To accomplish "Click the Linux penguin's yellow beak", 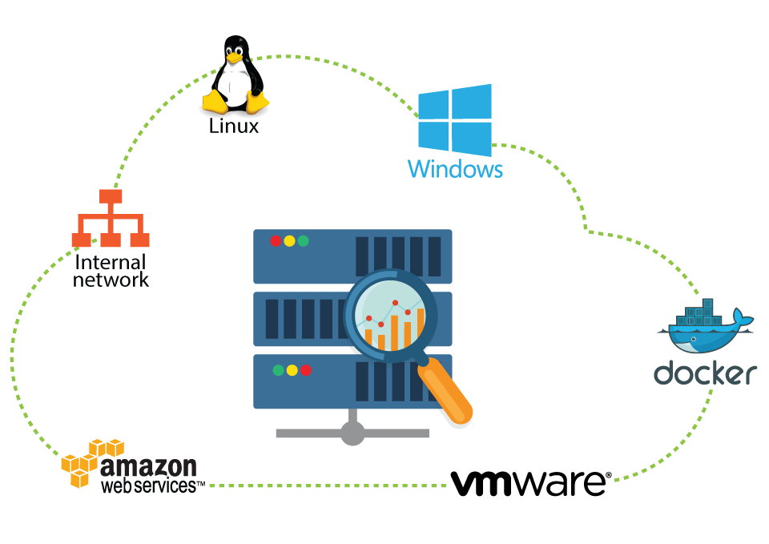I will pyautogui.click(x=234, y=58).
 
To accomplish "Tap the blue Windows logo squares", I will pyautogui.click(x=454, y=119).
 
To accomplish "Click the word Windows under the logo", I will pyautogui.click(x=455, y=170).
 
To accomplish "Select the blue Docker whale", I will pyautogui.click(x=701, y=336).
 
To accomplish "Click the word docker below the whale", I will pyautogui.click(x=705, y=373).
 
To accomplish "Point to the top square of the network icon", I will pyautogui.click(x=111, y=196).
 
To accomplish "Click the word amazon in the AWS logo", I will pyautogui.click(x=148, y=466).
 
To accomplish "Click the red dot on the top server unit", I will pyautogui.click(x=276, y=240).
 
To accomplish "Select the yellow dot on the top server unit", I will pyautogui.click(x=289, y=240).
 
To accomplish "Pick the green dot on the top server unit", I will pyautogui.click(x=303, y=240).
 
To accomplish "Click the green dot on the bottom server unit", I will pyautogui.click(x=278, y=370).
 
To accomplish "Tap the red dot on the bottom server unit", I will pyautogui.click(x=305, y=370).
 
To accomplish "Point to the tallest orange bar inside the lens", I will pyautogui.click(x=421, y=324).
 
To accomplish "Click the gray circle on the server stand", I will pyautogui.click(x=352, y=433).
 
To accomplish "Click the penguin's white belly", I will pyautogui.click(x=235, y=84).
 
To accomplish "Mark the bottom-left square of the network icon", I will pyautogui.click(x=81, y=240).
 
